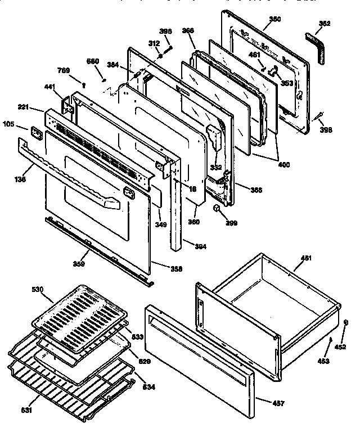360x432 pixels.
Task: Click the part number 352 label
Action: (325, 24)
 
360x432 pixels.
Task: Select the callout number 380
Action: (274, 19)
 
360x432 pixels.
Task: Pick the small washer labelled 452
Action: (344, 322)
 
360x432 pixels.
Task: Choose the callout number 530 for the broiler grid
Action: (38, 289)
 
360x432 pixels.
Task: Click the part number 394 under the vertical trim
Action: (199, 245)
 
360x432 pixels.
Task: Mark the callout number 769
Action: (64, 70)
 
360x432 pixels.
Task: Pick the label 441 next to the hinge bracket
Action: (50, 88)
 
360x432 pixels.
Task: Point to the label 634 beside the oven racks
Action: (149, 388)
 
